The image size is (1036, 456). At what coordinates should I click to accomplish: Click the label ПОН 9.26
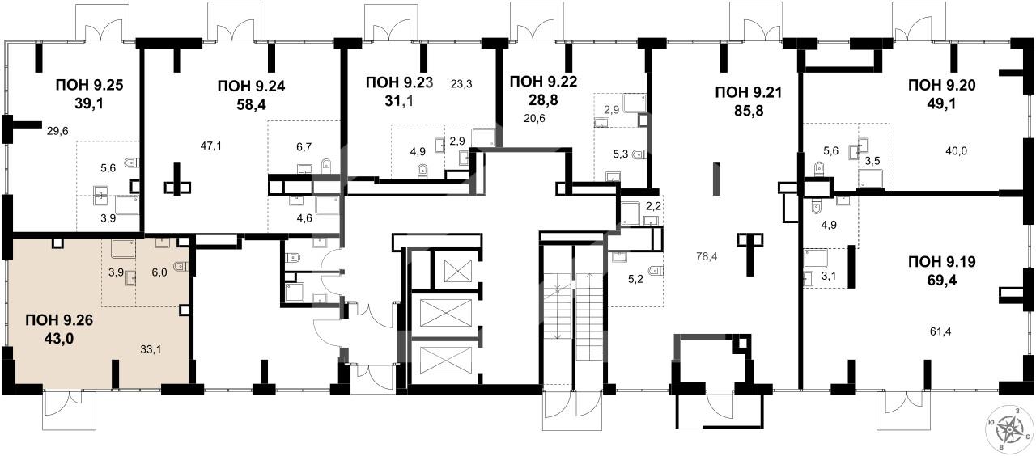[x=59, y=319]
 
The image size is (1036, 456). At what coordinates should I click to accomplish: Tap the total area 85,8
[x=749, y=112]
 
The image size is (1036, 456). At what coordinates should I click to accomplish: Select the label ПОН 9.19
[x=942, y=262]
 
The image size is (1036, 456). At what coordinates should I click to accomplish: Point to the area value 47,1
[x=211, y=146]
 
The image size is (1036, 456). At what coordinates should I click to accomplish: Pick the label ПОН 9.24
[x=251, y=86]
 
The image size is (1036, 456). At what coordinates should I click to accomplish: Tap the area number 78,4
[x=707, y=256]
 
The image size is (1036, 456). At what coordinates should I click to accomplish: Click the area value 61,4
[x=940, y=331]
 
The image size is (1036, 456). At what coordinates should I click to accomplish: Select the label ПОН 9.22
[x=543, y=82]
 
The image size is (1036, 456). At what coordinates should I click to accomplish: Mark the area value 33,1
[x=151, y=350]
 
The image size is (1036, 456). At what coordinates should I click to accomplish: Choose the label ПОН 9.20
[x=942, y=86]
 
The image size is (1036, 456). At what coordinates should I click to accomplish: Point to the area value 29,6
[x=57, y=131]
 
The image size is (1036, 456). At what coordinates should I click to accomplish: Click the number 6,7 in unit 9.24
[x=304, y=147]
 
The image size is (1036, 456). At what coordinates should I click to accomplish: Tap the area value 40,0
[x=957, y=150]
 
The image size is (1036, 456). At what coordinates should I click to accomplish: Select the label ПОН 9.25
[x=89, y=86]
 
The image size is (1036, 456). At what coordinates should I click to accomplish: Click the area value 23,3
[x=461, y=84]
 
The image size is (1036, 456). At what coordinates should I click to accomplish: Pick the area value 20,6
[x=535, y=118]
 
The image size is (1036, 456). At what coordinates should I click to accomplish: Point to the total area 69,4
[x=941, y=281]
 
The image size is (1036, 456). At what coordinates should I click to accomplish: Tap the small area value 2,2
[x=653, y=206]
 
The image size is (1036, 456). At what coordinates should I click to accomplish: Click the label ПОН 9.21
[x=749, y=92]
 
